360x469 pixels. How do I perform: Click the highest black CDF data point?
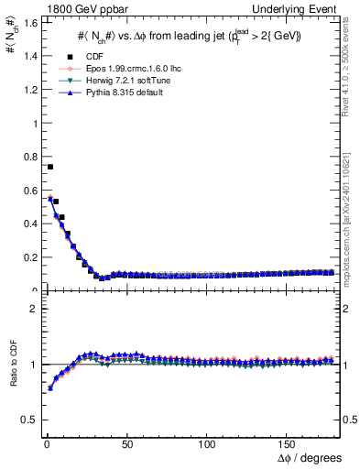[x=50, y=167]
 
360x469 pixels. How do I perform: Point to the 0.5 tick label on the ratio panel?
[x=29, y=420]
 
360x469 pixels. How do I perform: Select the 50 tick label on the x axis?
[x=125, y=442]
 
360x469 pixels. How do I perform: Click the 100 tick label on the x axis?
[x=207, y=442]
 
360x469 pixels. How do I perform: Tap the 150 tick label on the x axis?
[x=288, y=442]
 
